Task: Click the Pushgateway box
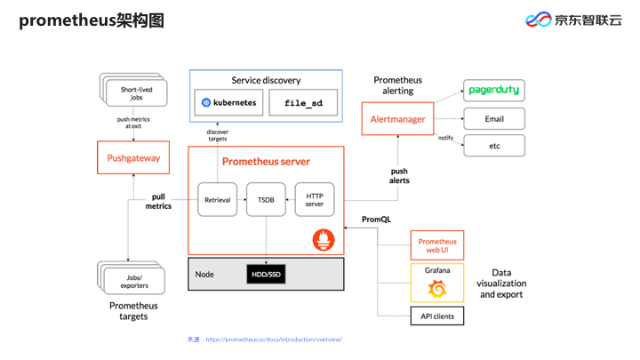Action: tap(133, 159)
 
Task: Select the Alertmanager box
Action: tap(396, 118)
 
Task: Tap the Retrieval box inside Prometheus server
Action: tap(218, 200)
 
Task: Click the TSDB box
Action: tap(266, 200)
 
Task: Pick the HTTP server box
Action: tap(315, 200)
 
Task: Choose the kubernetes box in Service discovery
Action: tap(228, 103)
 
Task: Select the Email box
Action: tap(494, 118)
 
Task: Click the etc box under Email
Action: tap(494, 145)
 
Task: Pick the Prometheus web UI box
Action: tap(437, 246)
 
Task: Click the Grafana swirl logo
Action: tap(437, 289)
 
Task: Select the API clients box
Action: tap(437, 315)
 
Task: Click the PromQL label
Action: tap(377, 219)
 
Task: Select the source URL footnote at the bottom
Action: tap(265, 340)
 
